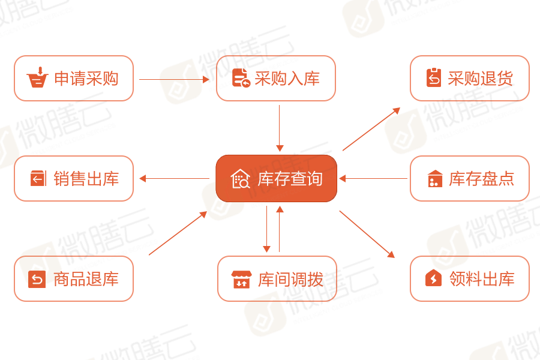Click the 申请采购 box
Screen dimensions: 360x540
73,79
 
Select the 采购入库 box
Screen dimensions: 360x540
275,79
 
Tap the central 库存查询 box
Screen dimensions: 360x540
277,179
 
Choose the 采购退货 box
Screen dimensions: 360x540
470,79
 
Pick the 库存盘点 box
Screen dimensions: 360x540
470,179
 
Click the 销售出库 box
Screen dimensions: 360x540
73,179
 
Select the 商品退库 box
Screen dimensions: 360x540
73,278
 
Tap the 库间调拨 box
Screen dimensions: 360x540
277,278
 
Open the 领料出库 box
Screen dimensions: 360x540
470,278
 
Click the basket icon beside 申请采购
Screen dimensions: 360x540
37,78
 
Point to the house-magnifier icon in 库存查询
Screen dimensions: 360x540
241,179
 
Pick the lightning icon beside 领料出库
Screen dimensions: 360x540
434,278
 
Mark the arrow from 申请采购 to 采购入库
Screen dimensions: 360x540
174,79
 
